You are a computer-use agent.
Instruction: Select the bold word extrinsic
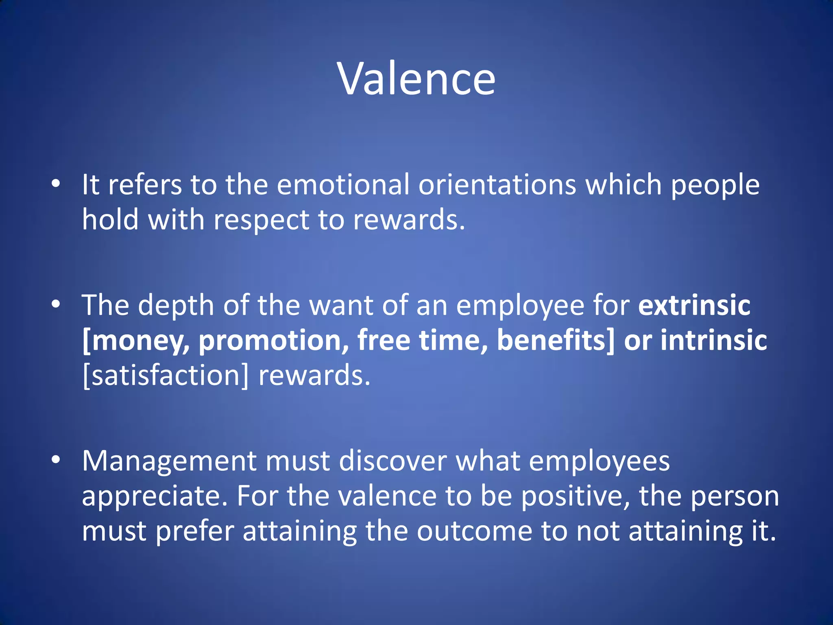pos(694,305)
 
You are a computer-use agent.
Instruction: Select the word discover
pos(393,461)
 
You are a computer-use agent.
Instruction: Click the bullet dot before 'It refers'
pos(56,184)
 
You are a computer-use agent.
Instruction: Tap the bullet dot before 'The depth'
pos(56,304)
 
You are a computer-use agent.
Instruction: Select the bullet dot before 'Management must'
pos(56,460)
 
